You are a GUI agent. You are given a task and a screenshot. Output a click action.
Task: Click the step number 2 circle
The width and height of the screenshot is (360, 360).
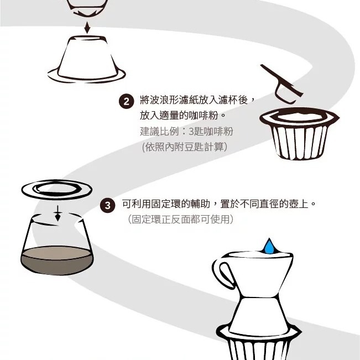pyautogui.click(x=126, y=101)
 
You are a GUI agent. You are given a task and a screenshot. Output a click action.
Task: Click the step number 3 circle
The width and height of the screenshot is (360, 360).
pyautogui.click(x=107, y=205)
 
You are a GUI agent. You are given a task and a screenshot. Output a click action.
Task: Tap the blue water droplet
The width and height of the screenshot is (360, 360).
pyautogui.click(x=269, y=247)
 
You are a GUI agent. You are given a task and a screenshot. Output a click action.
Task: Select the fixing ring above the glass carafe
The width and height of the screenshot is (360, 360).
pyautogui.click(x=57, y=190)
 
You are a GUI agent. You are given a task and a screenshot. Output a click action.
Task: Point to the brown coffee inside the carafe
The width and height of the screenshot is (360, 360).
pyautogui.click(x=57, y=260)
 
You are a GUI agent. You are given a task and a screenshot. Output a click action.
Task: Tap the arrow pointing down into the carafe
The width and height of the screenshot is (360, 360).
pyautogui.click(x=58, y=213)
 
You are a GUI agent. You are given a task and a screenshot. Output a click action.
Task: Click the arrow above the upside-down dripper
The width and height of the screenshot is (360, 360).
pyautogui.click(x=87, y=28)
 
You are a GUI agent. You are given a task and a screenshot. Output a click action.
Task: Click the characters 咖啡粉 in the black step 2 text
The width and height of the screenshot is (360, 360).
pyautogui.click(x=204, y=115)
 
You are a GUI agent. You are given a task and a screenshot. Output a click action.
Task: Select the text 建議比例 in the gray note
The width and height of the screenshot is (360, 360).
pyautogui.click(x=159, y=132)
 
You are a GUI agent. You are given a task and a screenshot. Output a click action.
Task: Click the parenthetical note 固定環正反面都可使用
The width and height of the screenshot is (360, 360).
pyautogui.click(x=181, y=219)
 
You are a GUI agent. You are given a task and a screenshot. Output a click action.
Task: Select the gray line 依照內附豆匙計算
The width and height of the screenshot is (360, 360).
pyautogui.click(x=185, y=147)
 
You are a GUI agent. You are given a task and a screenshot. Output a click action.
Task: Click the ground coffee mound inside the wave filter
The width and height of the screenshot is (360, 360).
pyautogui.click(x=299, y=116)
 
